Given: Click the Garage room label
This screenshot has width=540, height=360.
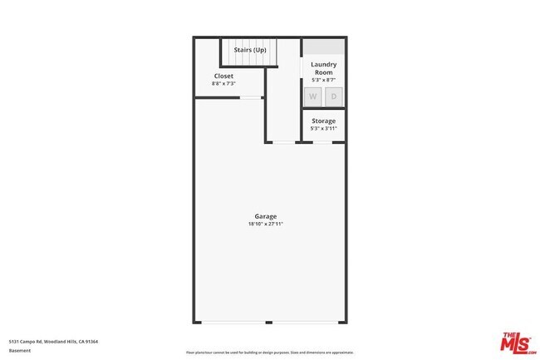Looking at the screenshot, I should tap(266, 216).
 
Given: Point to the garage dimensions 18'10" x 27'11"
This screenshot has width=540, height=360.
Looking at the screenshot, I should tap(266, 224).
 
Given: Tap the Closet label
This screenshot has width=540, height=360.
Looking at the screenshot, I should tap(223, 76).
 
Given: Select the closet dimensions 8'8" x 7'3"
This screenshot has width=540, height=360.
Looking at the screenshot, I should tap(223, 83).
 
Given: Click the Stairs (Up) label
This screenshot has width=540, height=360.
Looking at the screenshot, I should tap(250, 49).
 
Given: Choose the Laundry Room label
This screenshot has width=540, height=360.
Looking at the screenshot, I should tap(323, 68).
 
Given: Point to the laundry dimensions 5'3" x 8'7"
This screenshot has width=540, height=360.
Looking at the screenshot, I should tap(323, 80).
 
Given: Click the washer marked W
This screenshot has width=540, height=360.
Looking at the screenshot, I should tap(313, 97).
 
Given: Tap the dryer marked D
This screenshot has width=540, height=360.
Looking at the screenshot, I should tap(334, 97).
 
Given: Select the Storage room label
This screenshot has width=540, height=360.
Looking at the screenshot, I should tap(323, 121).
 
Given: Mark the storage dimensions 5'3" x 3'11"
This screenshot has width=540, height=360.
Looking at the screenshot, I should tap(323, 129).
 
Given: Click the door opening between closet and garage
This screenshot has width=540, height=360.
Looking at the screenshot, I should tap(249, 98).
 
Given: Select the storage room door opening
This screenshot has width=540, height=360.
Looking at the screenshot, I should tap(323, 142).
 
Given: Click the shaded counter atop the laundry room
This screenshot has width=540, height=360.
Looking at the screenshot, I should tap(323, 47).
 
